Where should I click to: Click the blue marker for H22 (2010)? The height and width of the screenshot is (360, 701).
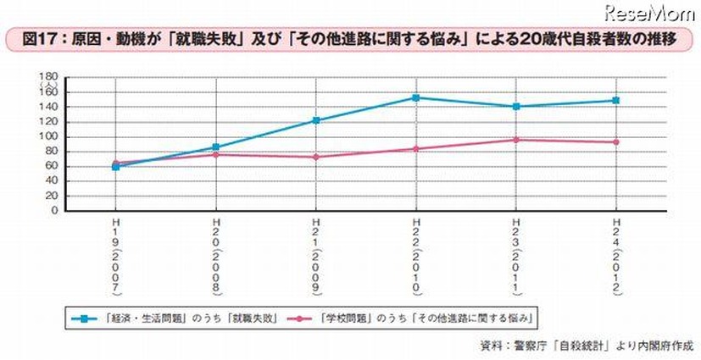click(415, 97)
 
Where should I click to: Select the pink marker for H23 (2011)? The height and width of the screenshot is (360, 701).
click(515, 140)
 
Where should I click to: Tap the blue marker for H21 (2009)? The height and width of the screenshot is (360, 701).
click(315, 120)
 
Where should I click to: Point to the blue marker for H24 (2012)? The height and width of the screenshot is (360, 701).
click(615, 101)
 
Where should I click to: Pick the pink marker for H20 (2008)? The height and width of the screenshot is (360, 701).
click(215, 154)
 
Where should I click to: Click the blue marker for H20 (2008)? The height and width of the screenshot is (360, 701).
click(215, 147)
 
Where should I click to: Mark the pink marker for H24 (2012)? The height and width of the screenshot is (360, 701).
click(615, 141)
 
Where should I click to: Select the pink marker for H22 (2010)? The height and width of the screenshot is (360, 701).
click(415, 149)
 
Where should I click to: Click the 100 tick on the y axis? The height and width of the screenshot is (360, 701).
click(50, 136)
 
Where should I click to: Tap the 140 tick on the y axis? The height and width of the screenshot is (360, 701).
click(50, 107)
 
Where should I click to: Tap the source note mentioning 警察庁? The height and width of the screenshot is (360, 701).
click(584, 346)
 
